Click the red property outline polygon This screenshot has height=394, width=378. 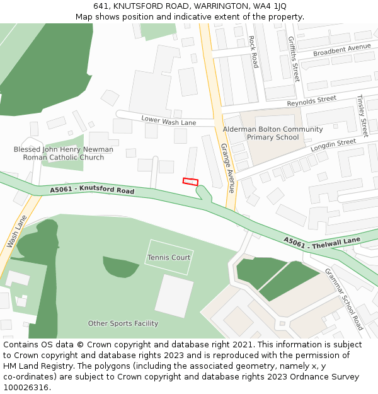tap(190, 182)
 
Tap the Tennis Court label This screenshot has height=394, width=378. tap(169, 257)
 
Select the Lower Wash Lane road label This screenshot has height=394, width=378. tap(169, 120)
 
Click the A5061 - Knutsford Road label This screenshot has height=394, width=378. tap(92, 190)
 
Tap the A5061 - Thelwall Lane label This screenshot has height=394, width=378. tap(322, 241)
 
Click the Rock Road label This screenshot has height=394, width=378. tap(253, 52)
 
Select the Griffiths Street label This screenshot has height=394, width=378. tap(294, 59)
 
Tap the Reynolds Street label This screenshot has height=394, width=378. tap(311, 101)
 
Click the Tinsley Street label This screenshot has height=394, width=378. tap(362, 116)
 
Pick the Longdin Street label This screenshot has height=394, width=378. tap(333, 146)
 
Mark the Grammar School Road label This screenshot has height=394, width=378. tap(344, 299)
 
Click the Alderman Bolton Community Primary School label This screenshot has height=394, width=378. tap(273, 133)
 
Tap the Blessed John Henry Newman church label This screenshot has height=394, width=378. tap(64, 153)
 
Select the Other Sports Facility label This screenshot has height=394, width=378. tap(123, 323)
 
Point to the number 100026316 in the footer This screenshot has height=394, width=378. tap(26, 387)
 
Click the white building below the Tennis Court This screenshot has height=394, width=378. tap(174, 296)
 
